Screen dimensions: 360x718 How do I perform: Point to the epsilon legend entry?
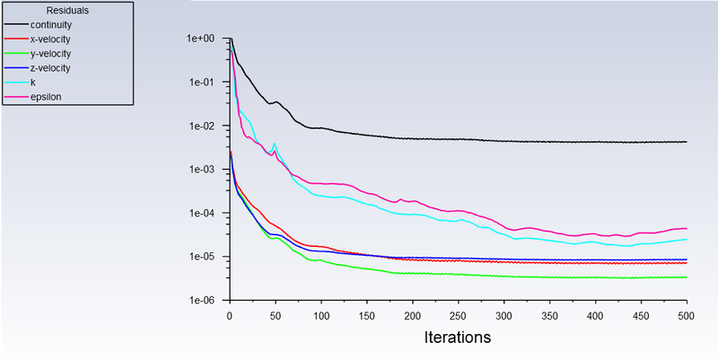point(37,96)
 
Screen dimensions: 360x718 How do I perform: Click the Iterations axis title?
point(458,338)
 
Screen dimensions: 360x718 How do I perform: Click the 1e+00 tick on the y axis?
point(200,39)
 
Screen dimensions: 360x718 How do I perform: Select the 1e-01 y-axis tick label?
point(200,83)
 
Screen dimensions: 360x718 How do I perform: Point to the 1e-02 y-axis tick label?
point(200,126)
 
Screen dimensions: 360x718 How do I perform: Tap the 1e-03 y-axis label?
point(200,170)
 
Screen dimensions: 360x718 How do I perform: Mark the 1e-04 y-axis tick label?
point(200,214)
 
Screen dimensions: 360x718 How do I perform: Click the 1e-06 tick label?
point(200,301)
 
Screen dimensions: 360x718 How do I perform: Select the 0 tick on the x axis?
point(230,316)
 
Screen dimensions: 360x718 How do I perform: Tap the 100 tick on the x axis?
point(321,316)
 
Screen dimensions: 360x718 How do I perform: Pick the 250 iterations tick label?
point(459,316)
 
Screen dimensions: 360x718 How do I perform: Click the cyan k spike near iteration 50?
point(275,144)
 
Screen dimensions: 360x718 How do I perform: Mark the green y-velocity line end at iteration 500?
point(687,277)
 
